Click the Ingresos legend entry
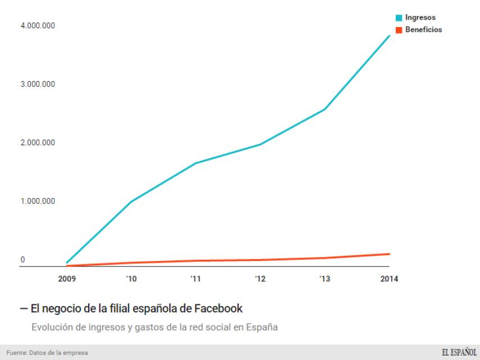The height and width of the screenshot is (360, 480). (420, 18)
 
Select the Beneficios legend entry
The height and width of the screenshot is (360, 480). (423, 29)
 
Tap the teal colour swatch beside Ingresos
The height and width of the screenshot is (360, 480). (399, 18)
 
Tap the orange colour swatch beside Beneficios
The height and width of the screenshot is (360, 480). (399, 29)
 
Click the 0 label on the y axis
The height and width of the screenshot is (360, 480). (23, 260)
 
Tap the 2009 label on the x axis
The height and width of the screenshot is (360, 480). (67, 279)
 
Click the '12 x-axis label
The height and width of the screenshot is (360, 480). (260, 279)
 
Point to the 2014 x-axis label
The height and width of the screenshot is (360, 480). (389, 279)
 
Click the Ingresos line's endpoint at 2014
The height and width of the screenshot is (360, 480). (390, 36)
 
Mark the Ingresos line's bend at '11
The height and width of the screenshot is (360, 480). (196, 163)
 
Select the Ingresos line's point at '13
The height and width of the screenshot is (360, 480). (325, 109)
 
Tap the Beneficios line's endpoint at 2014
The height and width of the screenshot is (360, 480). (390, 254)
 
